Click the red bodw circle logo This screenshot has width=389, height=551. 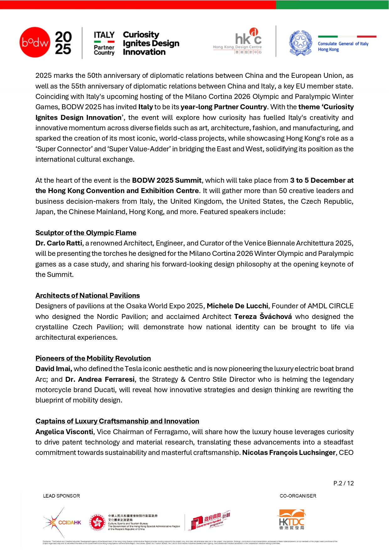(35, 42)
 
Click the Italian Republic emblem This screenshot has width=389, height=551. (301, 43)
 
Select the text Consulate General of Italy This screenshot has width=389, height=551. (343, 44)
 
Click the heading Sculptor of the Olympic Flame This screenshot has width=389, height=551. (86, 233)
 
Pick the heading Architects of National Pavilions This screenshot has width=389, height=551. (88, 296)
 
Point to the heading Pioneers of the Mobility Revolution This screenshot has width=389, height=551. (93, 359)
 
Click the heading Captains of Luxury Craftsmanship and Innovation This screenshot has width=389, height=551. (117, 421)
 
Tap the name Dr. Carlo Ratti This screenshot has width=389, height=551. (59, 243)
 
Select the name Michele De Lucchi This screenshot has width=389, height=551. (237, 306)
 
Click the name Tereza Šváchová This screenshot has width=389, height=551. (263, 317)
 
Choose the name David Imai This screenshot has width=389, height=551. (54, 369)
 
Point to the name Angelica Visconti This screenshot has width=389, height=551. (64, 432)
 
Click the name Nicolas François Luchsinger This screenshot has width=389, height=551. (289, 453)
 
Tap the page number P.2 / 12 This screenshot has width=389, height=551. (343, 483)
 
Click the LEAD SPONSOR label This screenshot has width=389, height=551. (61, 496)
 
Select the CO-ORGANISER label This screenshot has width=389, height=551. (298, 496)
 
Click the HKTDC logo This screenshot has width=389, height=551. (292, 520)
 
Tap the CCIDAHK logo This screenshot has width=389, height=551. (63, 522)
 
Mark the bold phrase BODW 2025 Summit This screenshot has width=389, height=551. (167, 181)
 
